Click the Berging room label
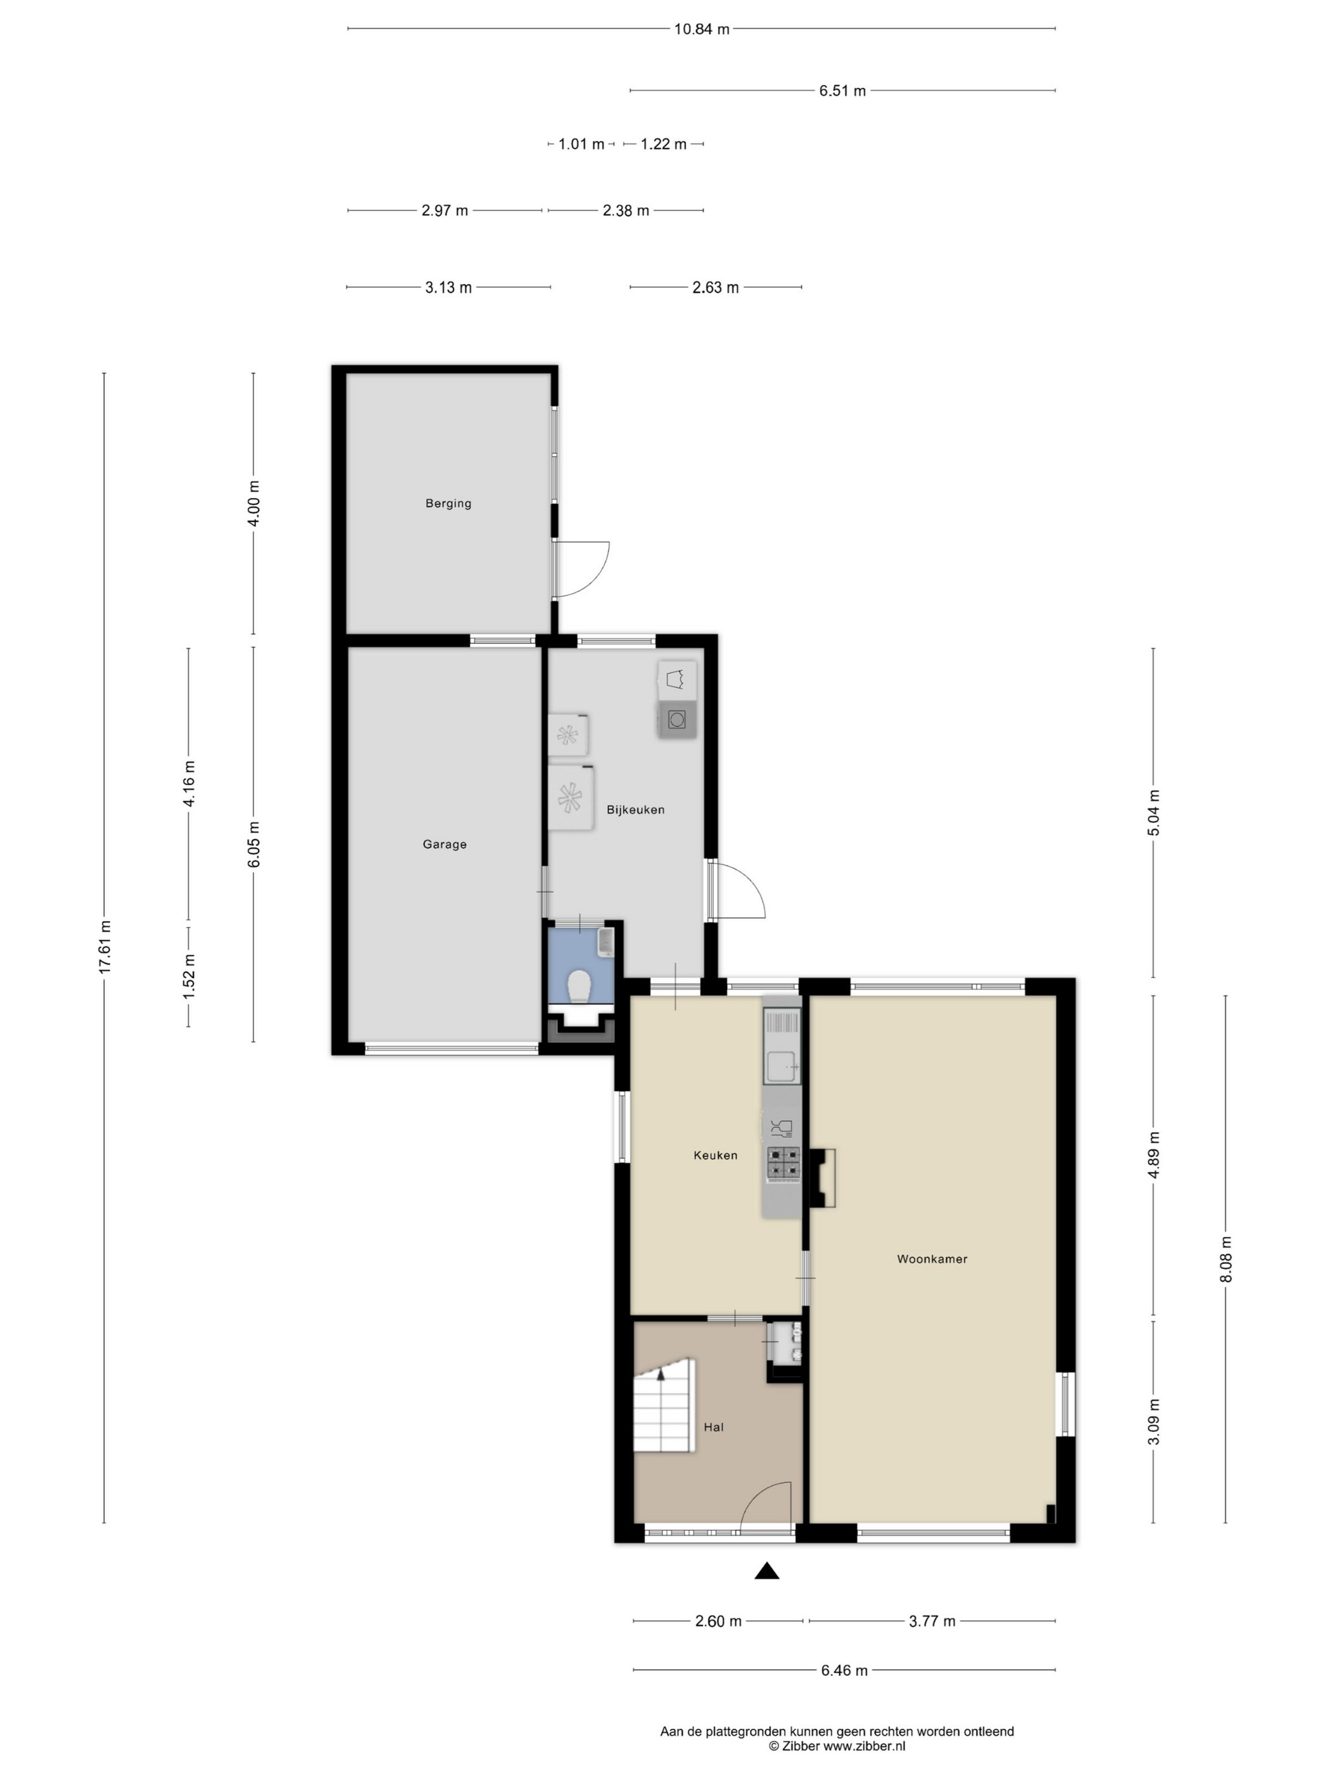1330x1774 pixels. click(x=448, y=504)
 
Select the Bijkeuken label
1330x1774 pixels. click(x=636, y=810)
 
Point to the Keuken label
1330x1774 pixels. click(x=716, y=1156)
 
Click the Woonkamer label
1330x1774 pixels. click(x=932, y=1259)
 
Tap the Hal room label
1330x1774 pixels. click(x=714, y=1427)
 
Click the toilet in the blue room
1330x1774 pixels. click(x=579, y=987)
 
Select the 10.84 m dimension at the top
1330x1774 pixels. click(x=702, y=30)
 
